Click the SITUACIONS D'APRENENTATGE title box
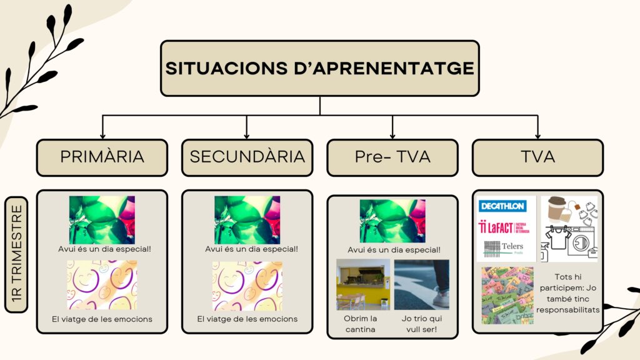click(x=319, y=69)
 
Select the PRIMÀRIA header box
click(x=102, y=157)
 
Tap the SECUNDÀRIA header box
click(x=247, y=157)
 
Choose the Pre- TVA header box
click(x=392, y=157)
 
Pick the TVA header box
click(x=537, y=157)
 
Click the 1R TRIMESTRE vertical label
click(x=16, y=255)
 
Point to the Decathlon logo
click(x=502, y=206)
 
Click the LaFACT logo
click(x=504, y=227)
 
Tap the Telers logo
click(x=504, y=248)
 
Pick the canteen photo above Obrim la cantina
click(x=363, y=284)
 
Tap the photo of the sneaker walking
click(x=422, y=284)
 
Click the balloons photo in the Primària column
click(x=102, y=220)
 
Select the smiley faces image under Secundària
click(x=247, y=286)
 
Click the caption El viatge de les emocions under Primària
click(x=102, y=319)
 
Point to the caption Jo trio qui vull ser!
click(x=422, y=324)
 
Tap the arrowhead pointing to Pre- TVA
click(x=392, y=136)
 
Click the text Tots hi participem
click(x=567, y=282)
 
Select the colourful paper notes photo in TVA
click(x=507, y=296)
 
